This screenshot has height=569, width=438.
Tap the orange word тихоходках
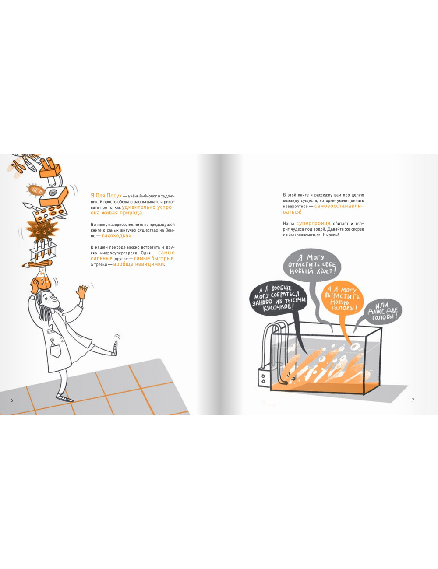click(117, 235)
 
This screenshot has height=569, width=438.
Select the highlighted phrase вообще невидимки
click(138, 264)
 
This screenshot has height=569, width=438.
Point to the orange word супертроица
click(313, 223)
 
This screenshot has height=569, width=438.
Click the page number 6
click(11, 400)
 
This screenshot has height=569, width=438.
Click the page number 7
click(413, 400)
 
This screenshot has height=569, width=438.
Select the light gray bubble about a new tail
click(312, 264)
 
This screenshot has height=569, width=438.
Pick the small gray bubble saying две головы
click(383, 311)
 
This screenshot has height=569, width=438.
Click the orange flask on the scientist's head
click(42, 278)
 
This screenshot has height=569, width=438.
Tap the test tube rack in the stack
click(42, 250)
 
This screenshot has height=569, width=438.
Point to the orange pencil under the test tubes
click(37, 263)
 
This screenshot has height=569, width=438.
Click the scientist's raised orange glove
click(82, 292)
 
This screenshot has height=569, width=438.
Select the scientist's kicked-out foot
click(115, 348)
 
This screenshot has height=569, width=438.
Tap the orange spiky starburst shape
click(42, 230)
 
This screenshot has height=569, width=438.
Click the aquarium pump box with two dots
click(264, 378)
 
